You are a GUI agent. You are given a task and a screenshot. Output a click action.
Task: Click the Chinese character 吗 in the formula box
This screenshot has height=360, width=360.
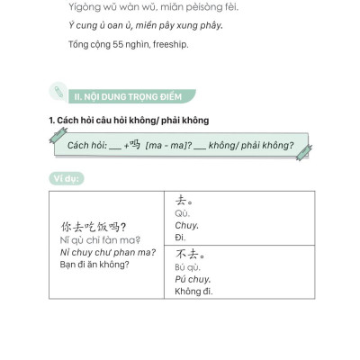pyautogui.click(x=136, y=144)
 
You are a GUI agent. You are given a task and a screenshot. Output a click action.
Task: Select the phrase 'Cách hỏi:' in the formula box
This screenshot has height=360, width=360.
pyautogui.click(x=84, y=145)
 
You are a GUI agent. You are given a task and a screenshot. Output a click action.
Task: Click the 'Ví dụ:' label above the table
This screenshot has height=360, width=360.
pyautogui.click(x=65, y=178)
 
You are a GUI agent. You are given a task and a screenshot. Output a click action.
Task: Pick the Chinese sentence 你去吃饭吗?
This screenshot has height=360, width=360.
pyautogui.click(x=93, y=227)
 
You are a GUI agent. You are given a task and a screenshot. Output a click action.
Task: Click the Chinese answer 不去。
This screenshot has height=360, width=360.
pyautogui.click(x=187, y=253)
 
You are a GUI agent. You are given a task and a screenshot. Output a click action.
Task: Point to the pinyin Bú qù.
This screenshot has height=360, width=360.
pyautogui.click(x=186, y=268)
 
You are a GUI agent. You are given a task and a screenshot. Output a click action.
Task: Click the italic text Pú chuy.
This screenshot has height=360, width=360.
pyautogui.click(x=187, y=280)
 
